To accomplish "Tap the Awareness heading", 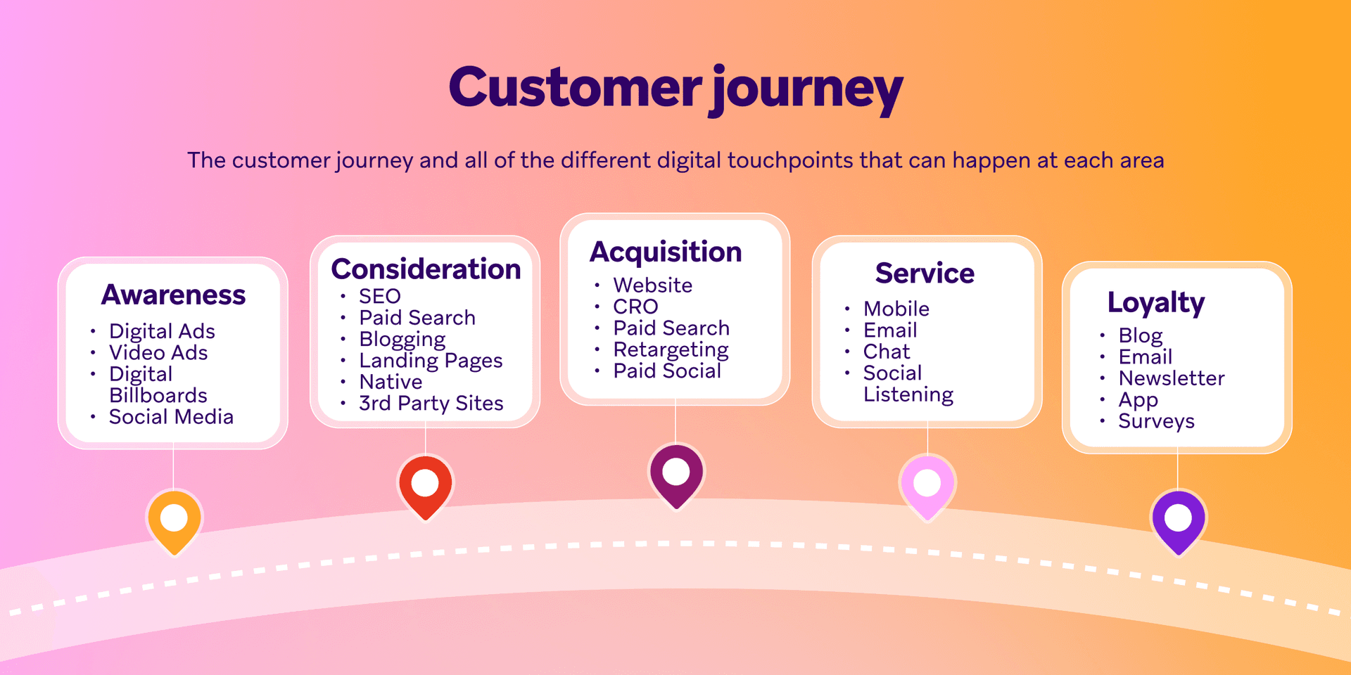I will click(174, 295).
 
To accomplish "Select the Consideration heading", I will click(426, 269).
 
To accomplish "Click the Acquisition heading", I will click(666, 252).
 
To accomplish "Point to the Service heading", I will click(925, 273).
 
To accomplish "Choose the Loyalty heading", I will click(1156, 302).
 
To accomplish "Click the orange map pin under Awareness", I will click(174, 520).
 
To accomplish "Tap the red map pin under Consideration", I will click(425, 485).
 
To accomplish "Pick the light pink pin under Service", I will click(927, 485).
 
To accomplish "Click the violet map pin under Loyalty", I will click(1178, 520).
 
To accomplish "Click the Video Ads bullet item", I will click(158, 352).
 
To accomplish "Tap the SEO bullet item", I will click(380, 296).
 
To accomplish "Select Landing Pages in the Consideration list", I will click(431, 361).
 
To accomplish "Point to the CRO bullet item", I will click(635, 307).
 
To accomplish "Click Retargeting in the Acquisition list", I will click(671, 349).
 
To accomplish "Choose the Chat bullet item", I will click(887, 352).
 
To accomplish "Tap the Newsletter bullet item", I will click(1172, 378).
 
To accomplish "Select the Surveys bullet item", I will click(1156, 421).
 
